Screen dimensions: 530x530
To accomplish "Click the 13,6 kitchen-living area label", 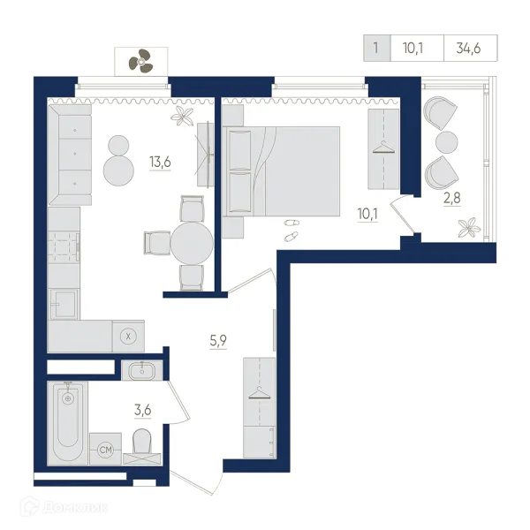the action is click(x=160, y=163).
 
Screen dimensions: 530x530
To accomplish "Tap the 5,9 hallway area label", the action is click(x=218, y=340).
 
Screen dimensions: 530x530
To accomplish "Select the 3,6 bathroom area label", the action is click(x=142, y=410).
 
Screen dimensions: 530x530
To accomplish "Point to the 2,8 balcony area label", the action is click(x=452, y=198).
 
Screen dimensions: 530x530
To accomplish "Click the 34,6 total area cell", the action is click(x=468, y=49).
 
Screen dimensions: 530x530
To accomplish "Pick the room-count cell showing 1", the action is click(x=376, y=48).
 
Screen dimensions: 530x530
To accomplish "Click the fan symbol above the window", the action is click(x=140, y=61).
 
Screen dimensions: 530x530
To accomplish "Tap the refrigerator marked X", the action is click(x=128, y=337).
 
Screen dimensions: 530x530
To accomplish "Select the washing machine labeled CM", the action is click(x=105, y=450).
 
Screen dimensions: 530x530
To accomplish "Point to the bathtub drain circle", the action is click(x=68, y=399).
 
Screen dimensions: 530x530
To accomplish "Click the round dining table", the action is click(x=192, y=243).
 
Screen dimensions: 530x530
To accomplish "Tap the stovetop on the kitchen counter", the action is click(x=64, y=246).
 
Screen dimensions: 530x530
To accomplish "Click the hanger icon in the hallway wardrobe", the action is click(x=260, y=393).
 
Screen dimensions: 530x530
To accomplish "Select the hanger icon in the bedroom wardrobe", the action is click(x=383, y=148).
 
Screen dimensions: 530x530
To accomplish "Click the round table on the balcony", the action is click(x=446, y=142).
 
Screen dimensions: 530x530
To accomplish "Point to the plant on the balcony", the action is click(x=469, y=228).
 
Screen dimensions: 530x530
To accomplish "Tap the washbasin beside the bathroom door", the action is click(x=142, y=370).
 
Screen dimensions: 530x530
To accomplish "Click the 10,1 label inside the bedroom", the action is click(x=367, y=214).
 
